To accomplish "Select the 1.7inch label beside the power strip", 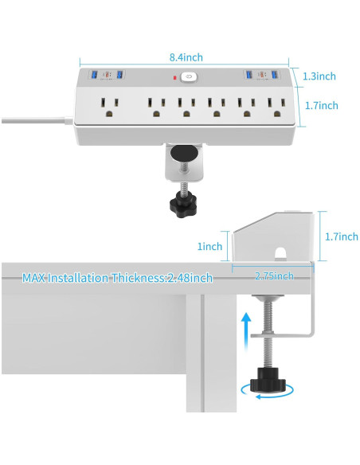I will click(x=320, y=105).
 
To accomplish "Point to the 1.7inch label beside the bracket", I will click(x=342, y=236).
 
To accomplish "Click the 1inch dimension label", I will click(x=210, y=247).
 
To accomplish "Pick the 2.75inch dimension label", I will click(x=274, y=275).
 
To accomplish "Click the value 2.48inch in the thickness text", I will click(x=191, y=278).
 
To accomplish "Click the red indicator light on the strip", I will click(x=173, y=78).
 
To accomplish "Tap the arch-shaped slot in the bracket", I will click(x=280, y=255).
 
